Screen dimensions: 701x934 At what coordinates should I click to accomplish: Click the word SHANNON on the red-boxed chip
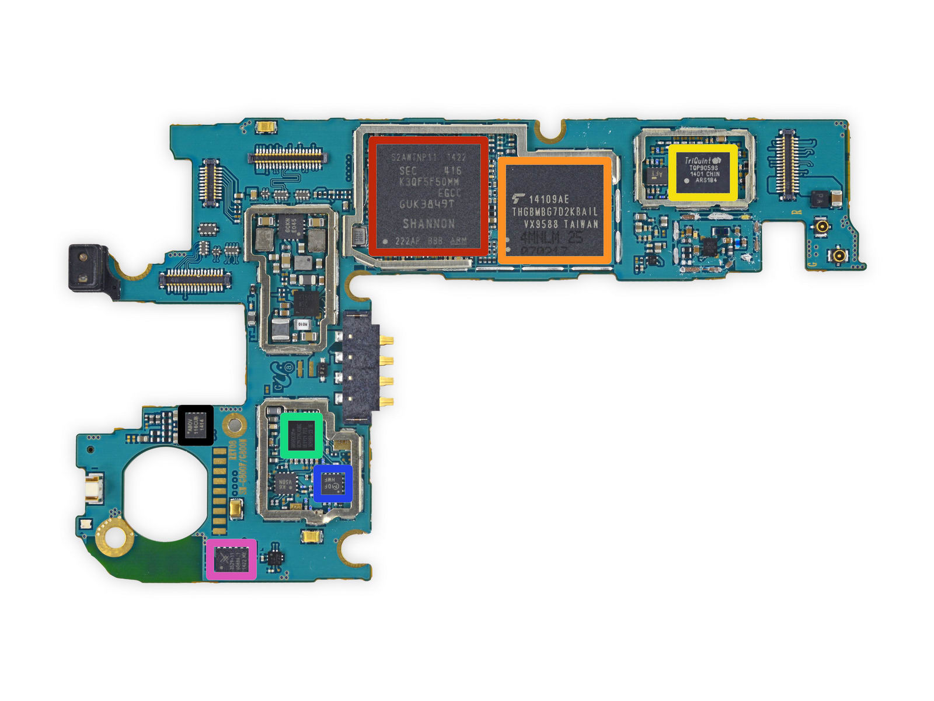click(428, 224)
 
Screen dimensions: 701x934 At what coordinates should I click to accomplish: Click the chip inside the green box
click(301, 435)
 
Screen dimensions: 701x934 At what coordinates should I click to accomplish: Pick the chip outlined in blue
click(333, 483)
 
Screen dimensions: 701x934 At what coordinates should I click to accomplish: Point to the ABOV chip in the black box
click(195, 425)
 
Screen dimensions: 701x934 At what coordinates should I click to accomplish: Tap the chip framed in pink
click(231, 559)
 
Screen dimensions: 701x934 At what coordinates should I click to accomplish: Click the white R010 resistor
click(302, 324)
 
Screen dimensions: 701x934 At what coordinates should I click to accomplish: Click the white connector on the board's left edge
click(93, 487)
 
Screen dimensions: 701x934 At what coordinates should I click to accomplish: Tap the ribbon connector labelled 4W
click(196, 280)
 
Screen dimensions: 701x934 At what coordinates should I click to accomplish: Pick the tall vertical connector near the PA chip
click(786, 162)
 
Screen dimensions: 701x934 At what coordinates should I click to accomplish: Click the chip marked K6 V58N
click(284, 484)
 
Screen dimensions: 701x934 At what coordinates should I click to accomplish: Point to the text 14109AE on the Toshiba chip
click(549, 199)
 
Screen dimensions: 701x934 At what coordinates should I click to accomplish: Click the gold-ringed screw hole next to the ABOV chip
click(234, 425)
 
